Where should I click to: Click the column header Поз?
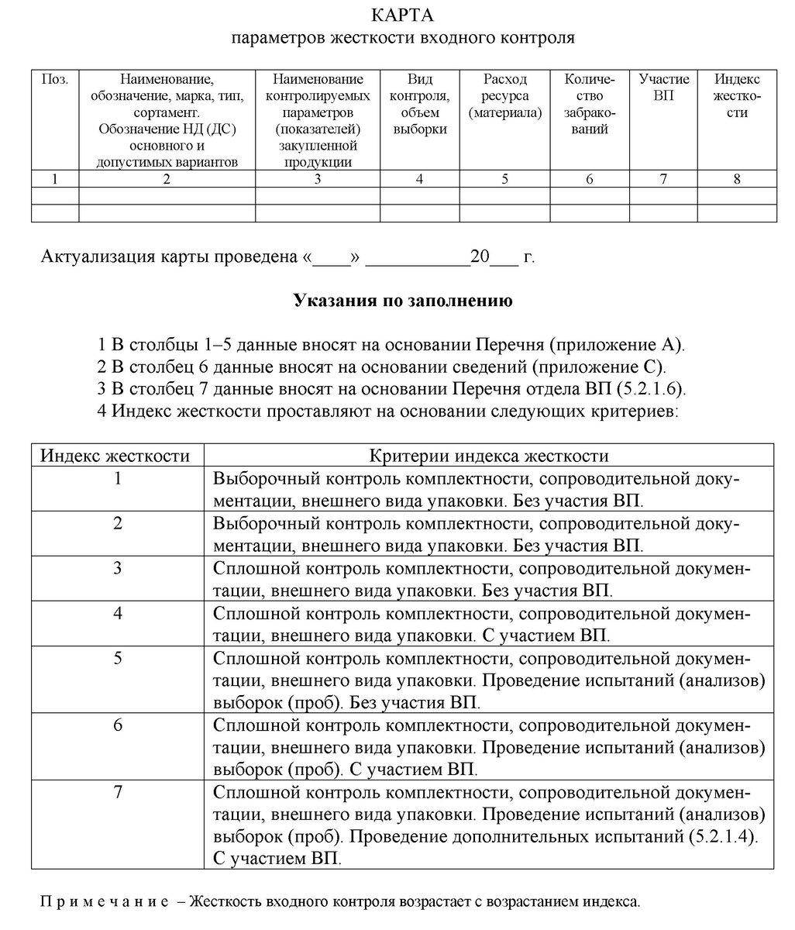54,79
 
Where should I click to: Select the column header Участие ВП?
663,88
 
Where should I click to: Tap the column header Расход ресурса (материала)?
504,96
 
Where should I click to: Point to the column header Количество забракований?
590,104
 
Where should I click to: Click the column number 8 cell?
736,179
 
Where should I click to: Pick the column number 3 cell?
318,179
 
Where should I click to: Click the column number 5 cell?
504,179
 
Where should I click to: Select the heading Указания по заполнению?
403,301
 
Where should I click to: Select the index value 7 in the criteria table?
117,792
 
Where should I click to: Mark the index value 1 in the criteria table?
117,478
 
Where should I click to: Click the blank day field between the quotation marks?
332,257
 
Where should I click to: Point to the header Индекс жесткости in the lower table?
115,455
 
